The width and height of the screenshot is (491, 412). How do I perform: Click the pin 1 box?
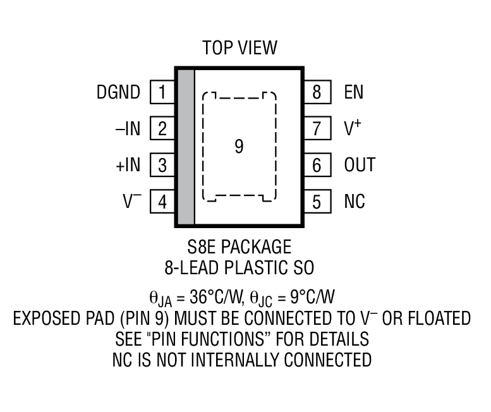tap(162, 93)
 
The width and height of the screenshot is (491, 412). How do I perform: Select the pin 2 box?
tap(162, 130)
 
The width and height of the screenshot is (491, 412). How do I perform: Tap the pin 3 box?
tap(162, 166)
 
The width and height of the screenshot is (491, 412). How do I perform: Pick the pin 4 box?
tap(162, 203)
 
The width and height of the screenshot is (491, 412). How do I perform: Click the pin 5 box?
tap(317, 203)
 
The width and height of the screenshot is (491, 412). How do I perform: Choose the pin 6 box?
tap(317, 166)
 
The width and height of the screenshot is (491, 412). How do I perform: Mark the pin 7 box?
tap(317, 130)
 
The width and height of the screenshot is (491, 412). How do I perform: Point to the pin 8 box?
tap(317, 93)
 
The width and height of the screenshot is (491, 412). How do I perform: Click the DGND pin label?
tap(118, 93)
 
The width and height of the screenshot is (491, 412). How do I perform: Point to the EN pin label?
tap(354, 93)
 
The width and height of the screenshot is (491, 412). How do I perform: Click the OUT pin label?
tap(360, 166)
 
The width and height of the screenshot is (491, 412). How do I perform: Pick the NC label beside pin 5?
tap(355, 203)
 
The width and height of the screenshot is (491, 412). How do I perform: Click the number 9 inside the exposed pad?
tap(238, 147)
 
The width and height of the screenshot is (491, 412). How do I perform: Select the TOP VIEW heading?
tap(239, 47)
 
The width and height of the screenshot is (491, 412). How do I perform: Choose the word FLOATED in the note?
tap(435, 318)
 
